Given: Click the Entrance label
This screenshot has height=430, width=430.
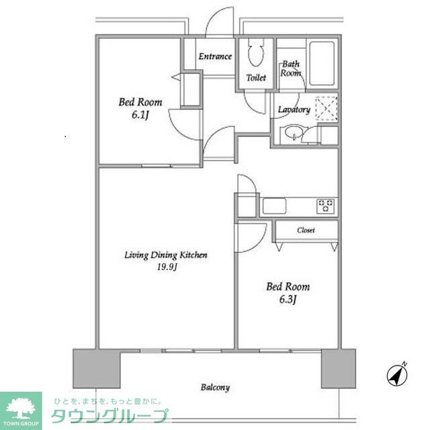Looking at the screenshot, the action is coord(215,56).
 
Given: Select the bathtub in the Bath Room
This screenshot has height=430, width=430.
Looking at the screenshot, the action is coord(322,64).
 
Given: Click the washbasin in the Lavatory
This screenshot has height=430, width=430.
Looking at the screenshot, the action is coord(294,133).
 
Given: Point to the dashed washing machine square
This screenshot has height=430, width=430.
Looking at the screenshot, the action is coord(327,109).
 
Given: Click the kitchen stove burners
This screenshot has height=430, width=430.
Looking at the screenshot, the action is coord(325,206).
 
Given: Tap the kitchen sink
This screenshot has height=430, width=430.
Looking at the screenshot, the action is coord(274,206).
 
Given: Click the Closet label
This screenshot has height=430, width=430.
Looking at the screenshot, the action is coord(306,230).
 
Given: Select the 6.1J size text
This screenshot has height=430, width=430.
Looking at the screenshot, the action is coord(140,115).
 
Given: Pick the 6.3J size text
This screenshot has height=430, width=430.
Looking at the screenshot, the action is coord(288,299).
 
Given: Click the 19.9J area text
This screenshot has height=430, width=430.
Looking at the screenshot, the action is coord(167,267).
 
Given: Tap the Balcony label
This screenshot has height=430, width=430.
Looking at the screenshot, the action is coord(215,388).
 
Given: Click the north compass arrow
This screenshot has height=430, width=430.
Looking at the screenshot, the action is coord(397,375).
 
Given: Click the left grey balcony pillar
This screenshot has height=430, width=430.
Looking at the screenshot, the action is coord(97,368).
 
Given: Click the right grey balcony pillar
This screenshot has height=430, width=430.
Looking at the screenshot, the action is coord(339,368).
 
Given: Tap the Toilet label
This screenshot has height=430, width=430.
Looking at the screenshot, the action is coord(256,78).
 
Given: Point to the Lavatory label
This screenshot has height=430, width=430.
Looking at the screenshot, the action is coord(294,110).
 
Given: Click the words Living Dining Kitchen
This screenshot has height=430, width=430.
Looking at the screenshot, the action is coord(166,255).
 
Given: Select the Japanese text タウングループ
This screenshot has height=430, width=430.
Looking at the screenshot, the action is coord(110,416).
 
